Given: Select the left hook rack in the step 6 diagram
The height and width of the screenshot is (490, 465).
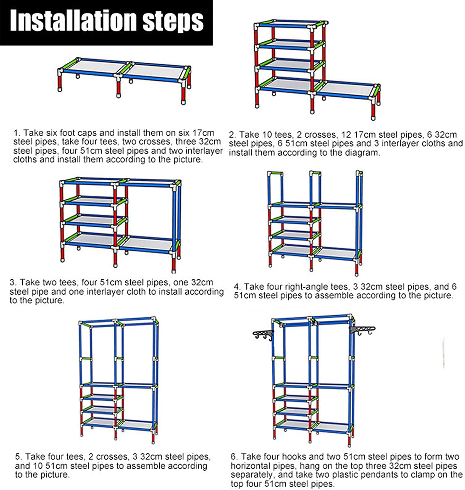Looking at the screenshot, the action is tap(263, 335).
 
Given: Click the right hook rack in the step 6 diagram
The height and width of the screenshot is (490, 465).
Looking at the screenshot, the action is tap(362, 330).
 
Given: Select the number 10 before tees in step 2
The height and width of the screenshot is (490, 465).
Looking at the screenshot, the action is tap(267, 135).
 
